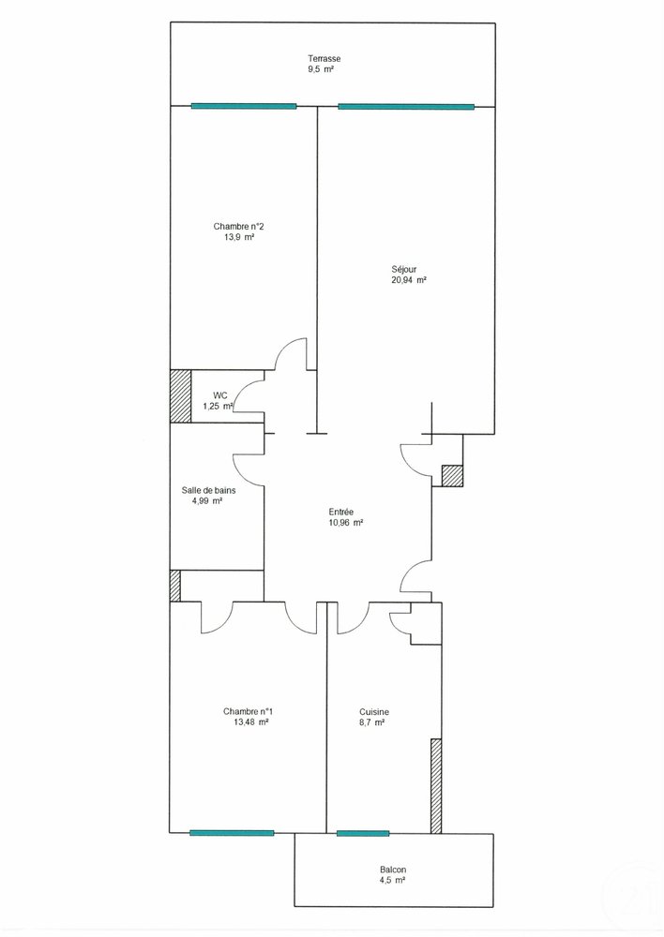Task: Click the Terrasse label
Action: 324,58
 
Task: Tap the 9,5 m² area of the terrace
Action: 320,69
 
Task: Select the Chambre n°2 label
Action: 238,227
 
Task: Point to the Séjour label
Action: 404,270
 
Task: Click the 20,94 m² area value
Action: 409,279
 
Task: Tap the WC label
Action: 220,395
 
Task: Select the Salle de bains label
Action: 209,491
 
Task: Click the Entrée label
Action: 341,512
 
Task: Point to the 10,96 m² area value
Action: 346,522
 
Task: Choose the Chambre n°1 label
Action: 249,711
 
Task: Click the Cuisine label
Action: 374,712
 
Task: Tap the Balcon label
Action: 393,870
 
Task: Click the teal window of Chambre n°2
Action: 244,107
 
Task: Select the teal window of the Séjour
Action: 406,107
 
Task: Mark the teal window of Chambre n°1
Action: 232,832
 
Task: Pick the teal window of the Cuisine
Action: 363,833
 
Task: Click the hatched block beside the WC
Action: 181,396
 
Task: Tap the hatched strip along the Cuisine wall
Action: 436,786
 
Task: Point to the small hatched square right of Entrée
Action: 452,476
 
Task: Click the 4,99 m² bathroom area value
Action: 207,501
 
